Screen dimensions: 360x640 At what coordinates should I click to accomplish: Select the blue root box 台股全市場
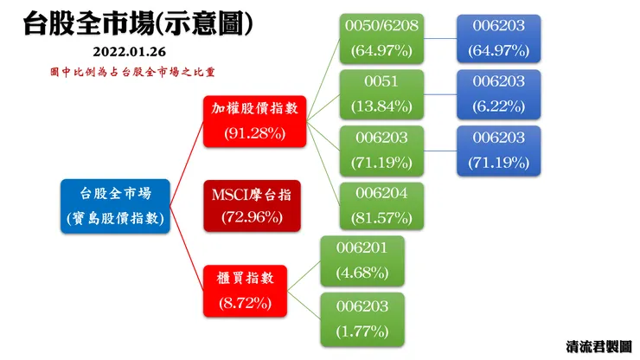click(115, 206)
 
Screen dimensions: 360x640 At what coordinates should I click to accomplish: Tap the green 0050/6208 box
click(381, 38)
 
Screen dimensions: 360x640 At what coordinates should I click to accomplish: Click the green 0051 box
click(381, 94)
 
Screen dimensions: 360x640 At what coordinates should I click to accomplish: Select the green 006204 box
click(381, 206)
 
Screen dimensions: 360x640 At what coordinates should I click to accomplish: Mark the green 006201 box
click(362, 261)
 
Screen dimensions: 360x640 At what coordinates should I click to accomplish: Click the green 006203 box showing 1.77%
click(362, 318)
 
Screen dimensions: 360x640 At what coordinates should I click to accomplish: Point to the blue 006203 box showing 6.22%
click(498, 94)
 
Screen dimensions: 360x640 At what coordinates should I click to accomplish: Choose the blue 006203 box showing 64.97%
click(498, 38)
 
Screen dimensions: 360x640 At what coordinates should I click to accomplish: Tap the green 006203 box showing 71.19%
click(381, 151)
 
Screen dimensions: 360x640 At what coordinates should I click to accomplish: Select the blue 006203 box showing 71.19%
click(498, 151)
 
